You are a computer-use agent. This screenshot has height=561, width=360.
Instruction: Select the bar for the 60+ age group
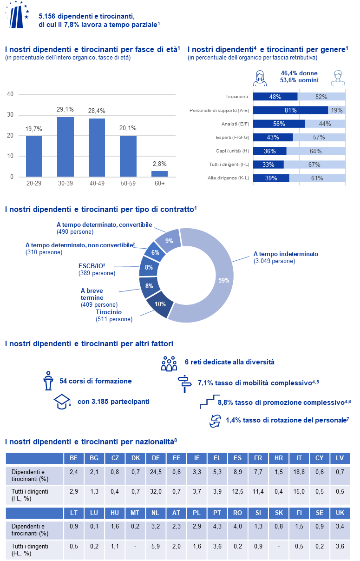coord(159,174)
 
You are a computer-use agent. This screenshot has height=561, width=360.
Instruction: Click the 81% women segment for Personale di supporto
coord(291,110)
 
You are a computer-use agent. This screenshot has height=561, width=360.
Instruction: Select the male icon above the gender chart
coord(337,78)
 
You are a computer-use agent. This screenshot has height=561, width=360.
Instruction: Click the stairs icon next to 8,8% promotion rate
coord(207,402)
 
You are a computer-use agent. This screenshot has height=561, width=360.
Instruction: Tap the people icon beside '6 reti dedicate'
coord(169,363)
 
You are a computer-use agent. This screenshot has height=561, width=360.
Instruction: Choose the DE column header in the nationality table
coord(156,458)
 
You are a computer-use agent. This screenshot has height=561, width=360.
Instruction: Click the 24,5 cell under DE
coord(156,475)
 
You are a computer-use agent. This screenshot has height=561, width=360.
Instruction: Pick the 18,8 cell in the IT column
coord(299,475)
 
